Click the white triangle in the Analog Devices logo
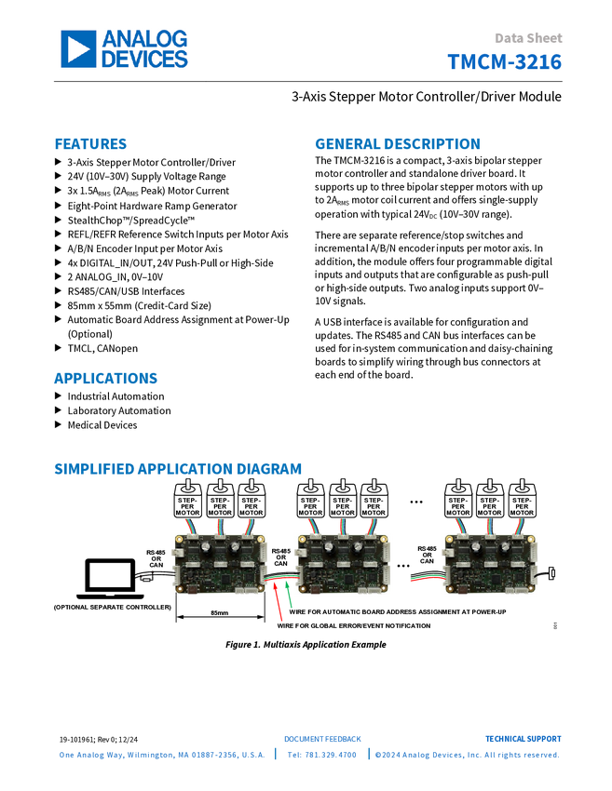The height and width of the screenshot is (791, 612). [79, 49]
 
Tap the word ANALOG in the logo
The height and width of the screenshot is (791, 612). [145, 39]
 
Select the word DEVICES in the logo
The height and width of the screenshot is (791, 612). [144, 59]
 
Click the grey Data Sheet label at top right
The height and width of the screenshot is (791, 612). [529, 38]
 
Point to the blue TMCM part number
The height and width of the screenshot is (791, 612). [505, 62]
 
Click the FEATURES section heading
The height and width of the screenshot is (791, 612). [90, 144]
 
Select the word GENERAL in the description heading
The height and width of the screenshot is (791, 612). [347, 144]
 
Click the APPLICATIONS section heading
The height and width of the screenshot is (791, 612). [105, 379]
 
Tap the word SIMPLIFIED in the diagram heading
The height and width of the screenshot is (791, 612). [93, 469]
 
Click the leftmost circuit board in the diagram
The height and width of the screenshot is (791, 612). [219, 562]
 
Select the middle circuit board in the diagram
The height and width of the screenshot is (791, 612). [342, 562]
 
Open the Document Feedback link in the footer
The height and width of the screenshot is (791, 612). [322, 739]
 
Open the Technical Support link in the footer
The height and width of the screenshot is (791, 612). [523, 739]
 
